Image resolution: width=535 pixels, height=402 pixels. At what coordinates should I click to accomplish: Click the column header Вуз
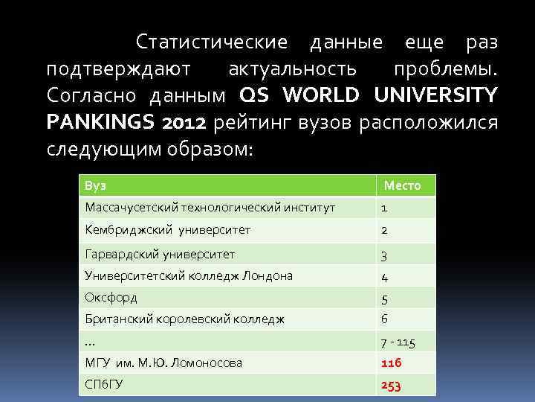[x=94, y=185]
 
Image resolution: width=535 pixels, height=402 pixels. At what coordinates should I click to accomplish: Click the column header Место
[x=402, y=185]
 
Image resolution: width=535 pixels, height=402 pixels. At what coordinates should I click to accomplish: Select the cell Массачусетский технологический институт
[x=210, y=208]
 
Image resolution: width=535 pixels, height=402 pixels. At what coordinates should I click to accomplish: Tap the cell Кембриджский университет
[x=167, y=230]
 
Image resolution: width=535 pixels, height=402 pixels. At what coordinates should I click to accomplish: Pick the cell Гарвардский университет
[x=160, y=254]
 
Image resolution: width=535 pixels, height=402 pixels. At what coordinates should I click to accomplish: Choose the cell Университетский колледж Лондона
[x=189, y=275]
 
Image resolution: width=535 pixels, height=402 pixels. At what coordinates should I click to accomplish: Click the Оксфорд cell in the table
[x=111, y=297]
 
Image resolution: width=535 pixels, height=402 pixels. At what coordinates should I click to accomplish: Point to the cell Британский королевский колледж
[x=185, y=319]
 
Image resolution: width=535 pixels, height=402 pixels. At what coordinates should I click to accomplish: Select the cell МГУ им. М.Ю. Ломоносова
[x=163, y=363]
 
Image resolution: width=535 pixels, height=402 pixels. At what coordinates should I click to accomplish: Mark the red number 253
[x=392, y=386]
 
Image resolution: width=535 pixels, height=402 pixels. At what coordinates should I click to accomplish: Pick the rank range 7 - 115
[x=398, y=342]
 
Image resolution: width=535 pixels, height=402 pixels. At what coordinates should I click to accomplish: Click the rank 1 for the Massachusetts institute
[x=384, y=208]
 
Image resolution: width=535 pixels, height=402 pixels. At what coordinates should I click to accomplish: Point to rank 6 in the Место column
[x=384, y=319]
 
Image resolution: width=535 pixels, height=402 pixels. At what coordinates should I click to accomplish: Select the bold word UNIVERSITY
[x=436, y=95]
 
